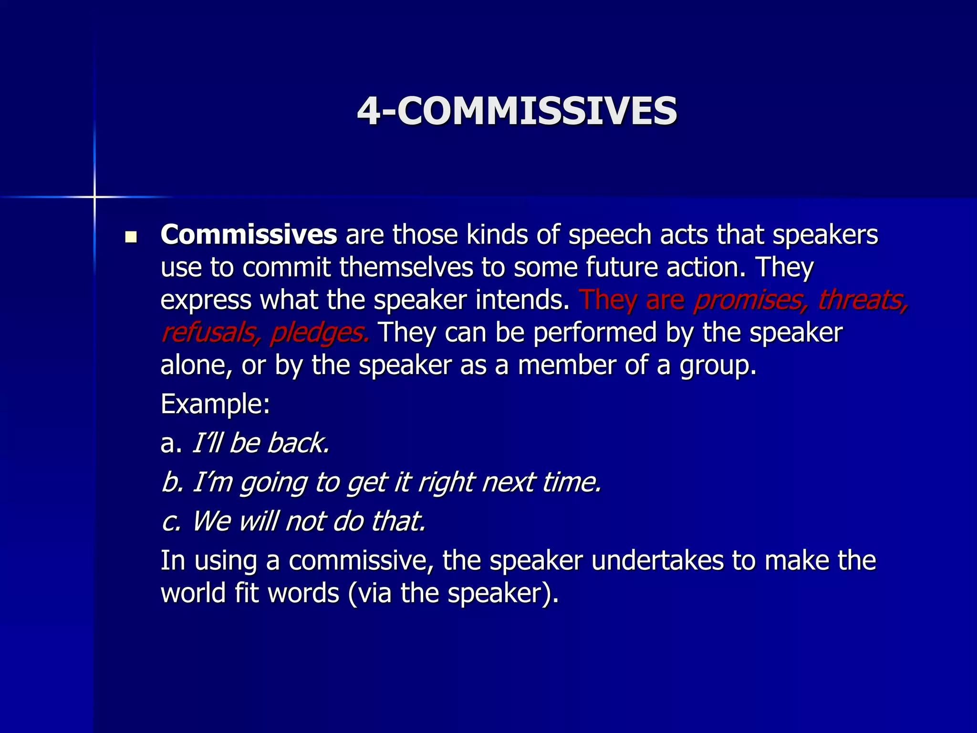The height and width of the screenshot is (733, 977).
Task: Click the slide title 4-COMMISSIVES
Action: (517, 111)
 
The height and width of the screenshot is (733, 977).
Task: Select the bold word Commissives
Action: (249, 235)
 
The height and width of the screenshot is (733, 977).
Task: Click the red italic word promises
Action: (750, 301)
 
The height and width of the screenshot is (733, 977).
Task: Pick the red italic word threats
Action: (863, 301)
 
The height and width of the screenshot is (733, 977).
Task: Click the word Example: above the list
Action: (215, 404)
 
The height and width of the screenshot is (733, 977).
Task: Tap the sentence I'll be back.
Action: (260, 443)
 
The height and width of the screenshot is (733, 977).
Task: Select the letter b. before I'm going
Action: (172, 482)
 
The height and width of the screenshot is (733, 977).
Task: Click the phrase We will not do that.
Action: (308, 521)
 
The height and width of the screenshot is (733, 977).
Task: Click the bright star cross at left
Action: (94, 197)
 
